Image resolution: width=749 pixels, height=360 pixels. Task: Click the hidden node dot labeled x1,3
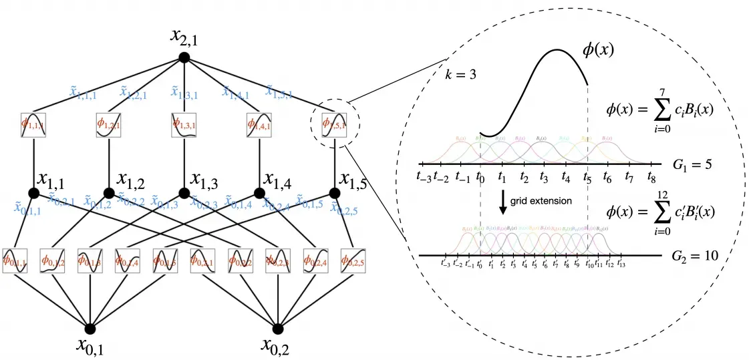[184, 193]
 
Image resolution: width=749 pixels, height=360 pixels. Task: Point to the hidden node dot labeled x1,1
[33, 193]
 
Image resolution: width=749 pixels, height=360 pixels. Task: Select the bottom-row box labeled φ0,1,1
[15, 260]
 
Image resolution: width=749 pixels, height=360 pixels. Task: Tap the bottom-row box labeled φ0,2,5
[353, 260]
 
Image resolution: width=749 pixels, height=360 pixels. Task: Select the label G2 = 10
[696, 256]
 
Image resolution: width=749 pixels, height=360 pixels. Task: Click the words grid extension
[541, 200]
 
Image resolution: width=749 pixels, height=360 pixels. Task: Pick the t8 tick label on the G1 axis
[651, 178]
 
